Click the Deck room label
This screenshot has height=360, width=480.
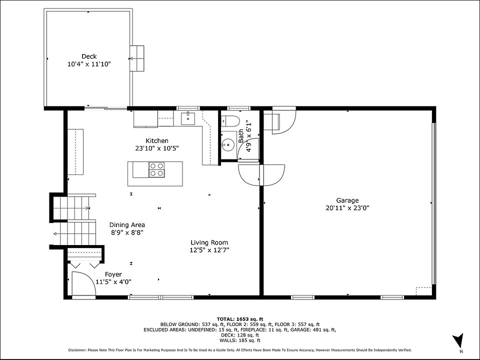pyautogui.click(x=89, y=56)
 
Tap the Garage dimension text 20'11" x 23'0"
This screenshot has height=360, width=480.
pyautogui.click(x=347, y=208)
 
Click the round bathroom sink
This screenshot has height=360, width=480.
pyautogui.click(x=227, y=143)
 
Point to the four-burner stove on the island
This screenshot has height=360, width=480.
pyautogui.click(x=156, y=169)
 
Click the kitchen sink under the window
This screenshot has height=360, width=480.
pyautogui.click(x=187, y=118)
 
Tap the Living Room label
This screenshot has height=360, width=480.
pyautogui.click(x=209, y=242)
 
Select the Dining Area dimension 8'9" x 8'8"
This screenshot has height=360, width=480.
pyautogui.click(x=127, y=232)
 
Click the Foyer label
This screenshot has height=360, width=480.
pyautogui.click(x=113, y=274)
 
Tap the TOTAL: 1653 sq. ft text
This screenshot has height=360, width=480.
pyautogui.click(x=240, y=319)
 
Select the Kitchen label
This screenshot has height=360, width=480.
pyautogui.click(x=156, y=141)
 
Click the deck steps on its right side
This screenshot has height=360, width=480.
pyautogui.click(x=137, y=58)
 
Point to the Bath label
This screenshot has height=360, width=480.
pyautogui.click(x=241, y=135)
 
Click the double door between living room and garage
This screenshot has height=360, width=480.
pyautogui.click(x=261, y=175)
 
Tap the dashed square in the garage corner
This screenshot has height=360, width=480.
pyautogui.click(x=423, y=291)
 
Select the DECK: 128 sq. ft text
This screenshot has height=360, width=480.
pyautogui.click(x=240, y=335)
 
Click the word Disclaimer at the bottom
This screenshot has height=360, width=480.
pyautogui.click(x=77, y=350)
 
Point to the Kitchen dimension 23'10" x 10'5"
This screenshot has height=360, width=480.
pyautogui.click(x=156, y=148)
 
